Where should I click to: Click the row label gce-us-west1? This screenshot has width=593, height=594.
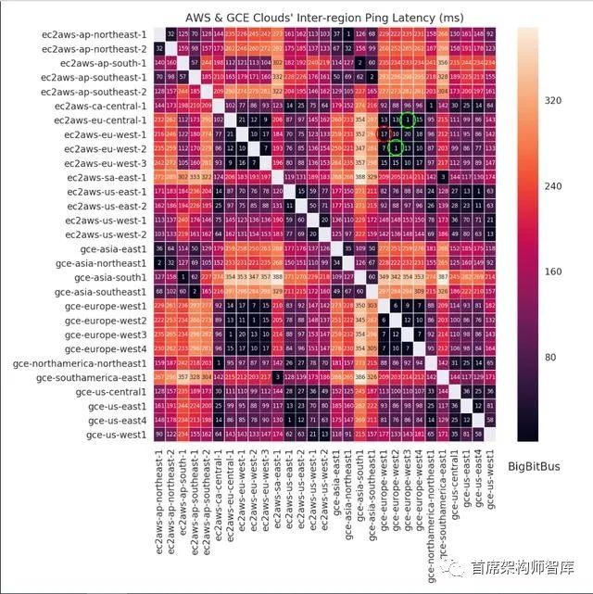click(x=120, y=434)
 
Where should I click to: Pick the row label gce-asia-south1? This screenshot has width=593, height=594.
click(x=117, y=277)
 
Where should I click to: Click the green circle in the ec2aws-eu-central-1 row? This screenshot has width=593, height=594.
click(x=407, y=120)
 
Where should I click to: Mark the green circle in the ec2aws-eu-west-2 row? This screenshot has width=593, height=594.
click(x=396, y=148)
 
